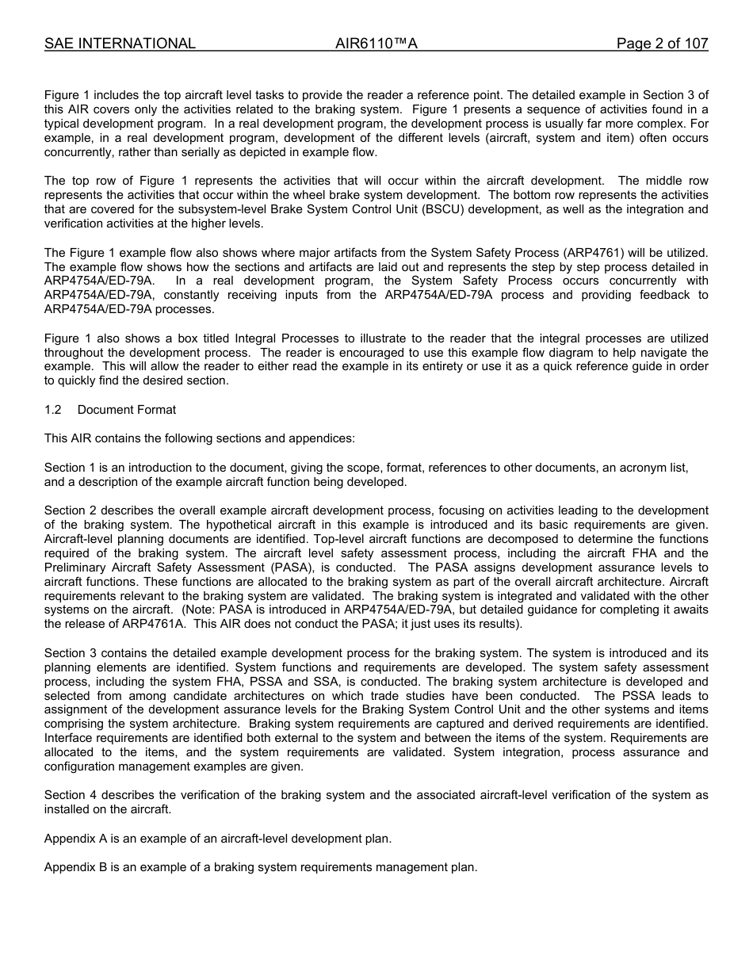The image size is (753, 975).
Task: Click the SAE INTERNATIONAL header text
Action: [x=120, y=44]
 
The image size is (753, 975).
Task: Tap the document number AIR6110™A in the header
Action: [x=376, y=44]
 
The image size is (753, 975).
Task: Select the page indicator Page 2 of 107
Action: [x=662, y=44]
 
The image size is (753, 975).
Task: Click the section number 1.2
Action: [x=53, y=410]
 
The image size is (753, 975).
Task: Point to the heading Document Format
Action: [x=127, y=410]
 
